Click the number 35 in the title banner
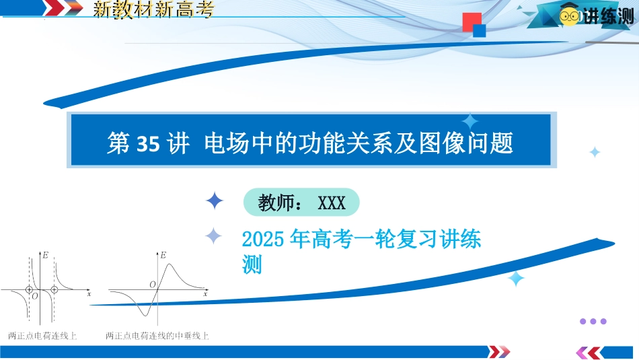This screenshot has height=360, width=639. tap(147, 143)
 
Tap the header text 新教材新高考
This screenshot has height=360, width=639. tap(153, 9)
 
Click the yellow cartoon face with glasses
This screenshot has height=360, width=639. tap(569, 16)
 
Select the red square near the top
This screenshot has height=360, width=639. tap(472, 22)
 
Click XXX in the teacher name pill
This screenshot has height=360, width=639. tap(332, 203)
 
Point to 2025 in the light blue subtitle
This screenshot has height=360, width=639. tap(263, 239)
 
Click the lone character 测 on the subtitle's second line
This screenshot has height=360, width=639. tap(252, 264)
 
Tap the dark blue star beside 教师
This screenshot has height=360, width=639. tap(215, 201)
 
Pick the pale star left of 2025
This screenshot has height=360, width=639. tap(213, 236)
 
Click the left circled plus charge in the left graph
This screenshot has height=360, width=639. tap(29, 290)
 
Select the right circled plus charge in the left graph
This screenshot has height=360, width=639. tap(54, 290)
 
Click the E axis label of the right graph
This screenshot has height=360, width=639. tap(163, 255)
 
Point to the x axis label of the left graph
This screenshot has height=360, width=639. tap(89, 293)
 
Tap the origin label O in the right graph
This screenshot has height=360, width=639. tap(153, 285)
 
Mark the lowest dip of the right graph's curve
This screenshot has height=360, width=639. tap(144, 315)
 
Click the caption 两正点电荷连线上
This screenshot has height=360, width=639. tap(42, 336)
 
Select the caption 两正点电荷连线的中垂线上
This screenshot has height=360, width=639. tap(157, 336)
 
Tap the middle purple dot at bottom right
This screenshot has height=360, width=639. tap(593, 321)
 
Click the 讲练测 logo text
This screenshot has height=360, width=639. tap(608, 16)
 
